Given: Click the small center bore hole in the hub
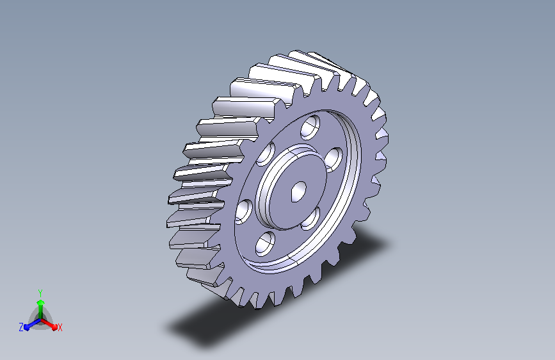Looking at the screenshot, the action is (x=298, y=192).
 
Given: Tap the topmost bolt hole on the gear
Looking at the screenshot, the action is (x=310, y=126).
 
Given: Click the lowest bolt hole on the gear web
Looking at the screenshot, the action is (x=265, y=243).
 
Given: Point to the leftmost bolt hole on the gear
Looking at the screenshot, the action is (x=243, y=211).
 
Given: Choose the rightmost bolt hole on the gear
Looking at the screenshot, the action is (x=333, y=160).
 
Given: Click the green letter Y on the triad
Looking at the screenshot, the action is (x=40, y=293).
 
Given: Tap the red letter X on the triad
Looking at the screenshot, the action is (x=60, y=328).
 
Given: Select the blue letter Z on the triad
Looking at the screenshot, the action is (x=21, y=327).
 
